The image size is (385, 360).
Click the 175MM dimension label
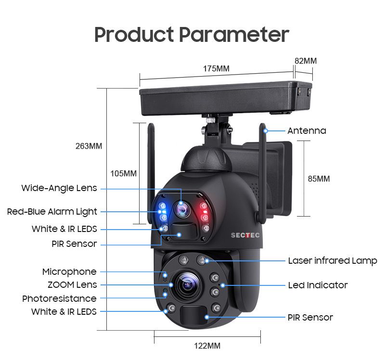[216, 68]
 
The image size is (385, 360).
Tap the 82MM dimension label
[306, 61]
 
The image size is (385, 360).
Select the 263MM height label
[89, 146]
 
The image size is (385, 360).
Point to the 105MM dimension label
[123, 174]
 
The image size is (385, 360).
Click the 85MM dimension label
[319, 179]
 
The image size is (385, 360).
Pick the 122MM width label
[207, 346]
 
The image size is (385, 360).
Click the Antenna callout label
[307, 130]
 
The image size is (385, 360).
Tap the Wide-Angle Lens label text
[59, 188]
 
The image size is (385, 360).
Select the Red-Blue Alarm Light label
[52, 212]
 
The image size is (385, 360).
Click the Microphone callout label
[69, 272]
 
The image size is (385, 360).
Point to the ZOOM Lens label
[72, 285]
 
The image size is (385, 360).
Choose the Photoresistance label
[59, 298]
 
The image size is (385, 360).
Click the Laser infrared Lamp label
[333, 261]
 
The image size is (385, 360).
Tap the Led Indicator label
[318, 285]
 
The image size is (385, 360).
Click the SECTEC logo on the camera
[245, 235]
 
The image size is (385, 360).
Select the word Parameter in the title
[234, 35]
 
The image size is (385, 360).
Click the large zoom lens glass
[187, 285]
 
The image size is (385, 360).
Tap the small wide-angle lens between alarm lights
[182, 210]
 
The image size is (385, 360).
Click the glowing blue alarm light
[163, 212]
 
